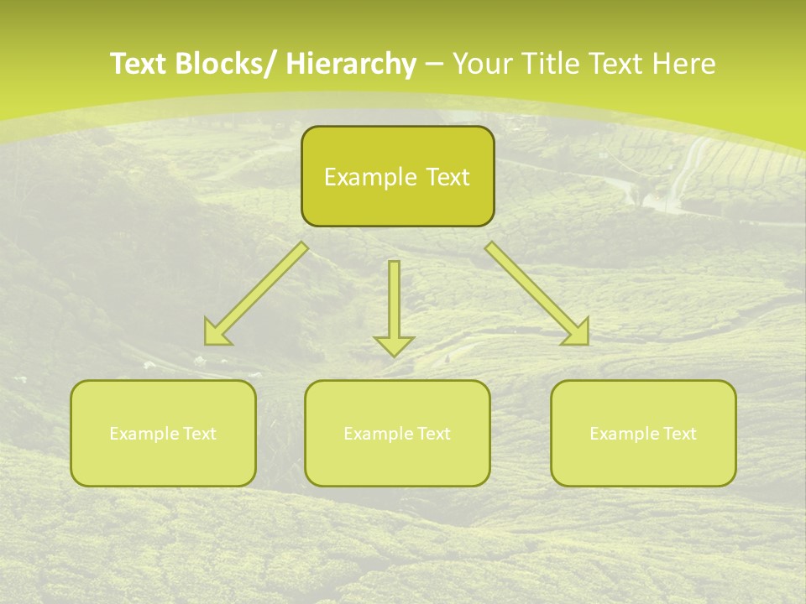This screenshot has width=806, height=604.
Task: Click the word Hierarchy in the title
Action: click(x=351, y=64)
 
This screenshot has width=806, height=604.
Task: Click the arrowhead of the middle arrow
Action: click(x=394, y=345)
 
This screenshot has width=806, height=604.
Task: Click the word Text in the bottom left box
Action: click(x=200, y=434)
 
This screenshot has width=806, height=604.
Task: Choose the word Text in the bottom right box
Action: click(x=680, y=434)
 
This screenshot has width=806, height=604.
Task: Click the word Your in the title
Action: click(x=484, y=64)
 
